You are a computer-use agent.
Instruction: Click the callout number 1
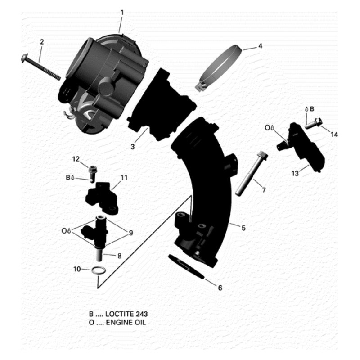(121, 12)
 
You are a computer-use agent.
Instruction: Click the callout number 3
(133, 147)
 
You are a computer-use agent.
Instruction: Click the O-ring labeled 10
(99, 270)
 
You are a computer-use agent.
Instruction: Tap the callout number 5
(243, 228)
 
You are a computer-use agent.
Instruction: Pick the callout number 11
(124, 178)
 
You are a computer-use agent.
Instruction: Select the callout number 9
(130, 233)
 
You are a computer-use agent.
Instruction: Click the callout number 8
(119, 256)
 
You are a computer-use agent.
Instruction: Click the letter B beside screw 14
(312, 109)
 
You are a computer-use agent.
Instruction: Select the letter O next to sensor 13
(267, 128)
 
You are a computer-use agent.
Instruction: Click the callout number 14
(333, 135)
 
